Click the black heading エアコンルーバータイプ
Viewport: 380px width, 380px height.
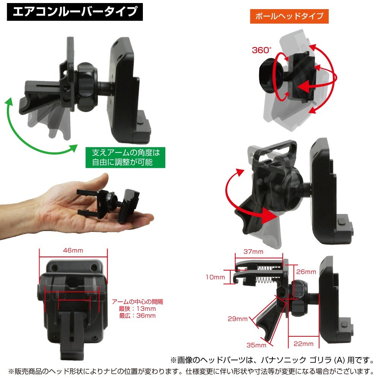tap(74, 12)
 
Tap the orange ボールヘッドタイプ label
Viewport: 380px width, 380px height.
tap(289, 16)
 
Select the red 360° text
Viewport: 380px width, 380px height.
tap(262, 50)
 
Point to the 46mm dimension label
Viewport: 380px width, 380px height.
tap(73, 251)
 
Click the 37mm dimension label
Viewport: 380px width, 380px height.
tap(254, 252)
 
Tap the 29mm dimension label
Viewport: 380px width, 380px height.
tap(238, 319)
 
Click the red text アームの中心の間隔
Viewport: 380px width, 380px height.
tap(137, 302)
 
